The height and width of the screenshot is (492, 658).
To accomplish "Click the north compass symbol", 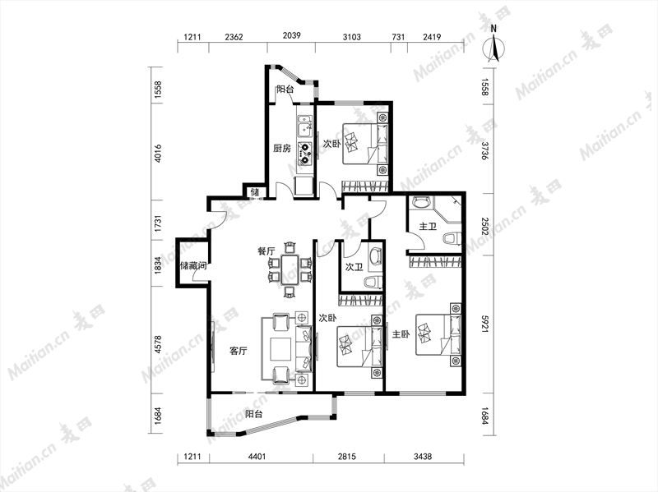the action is pyautogui.click(x=494, y=46).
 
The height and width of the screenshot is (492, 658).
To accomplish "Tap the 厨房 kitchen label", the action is pyautogui.click(x=281, y=149).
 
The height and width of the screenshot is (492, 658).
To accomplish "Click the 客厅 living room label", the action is pyautogui.click(x=238, y=351).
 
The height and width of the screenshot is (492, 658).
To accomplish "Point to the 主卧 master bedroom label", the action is pyautogui.click(x=401, y=334).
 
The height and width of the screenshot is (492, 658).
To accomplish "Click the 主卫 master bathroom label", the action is pyautogui.click(x=428, y=227).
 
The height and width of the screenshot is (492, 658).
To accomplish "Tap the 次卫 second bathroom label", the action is pyautogui.click(x=354, y=267).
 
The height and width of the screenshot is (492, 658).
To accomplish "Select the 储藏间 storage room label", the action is pyautogui.click(x=193, y=265).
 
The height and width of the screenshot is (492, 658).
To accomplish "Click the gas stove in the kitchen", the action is pyautogui.click(x=305, y=153).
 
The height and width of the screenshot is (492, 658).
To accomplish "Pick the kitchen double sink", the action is pyautogui.click(x=304, y=126).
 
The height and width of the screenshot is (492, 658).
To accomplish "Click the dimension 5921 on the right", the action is pyautogui.click(x=484, y=324).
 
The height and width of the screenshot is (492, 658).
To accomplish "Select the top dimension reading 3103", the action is pyautogui.click(x=352, y=37).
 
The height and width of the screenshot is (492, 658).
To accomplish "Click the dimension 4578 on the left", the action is pyautogui.click(x=158, y=344).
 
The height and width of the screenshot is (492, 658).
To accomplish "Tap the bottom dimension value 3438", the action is pyautogui.click(x=423, y=457).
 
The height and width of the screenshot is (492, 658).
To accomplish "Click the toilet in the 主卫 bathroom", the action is pyautogui.click(x=452, y=238).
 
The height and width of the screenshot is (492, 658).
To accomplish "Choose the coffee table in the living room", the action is pyautogui.click(x=280, y=350).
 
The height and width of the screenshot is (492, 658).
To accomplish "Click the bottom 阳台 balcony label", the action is pyautogui.click(x=254, y=414).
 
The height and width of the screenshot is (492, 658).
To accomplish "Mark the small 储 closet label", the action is pyautogui.click(x=255, y=192).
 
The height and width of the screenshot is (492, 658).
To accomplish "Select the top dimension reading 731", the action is pyautogui.click(x=398, y=37).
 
